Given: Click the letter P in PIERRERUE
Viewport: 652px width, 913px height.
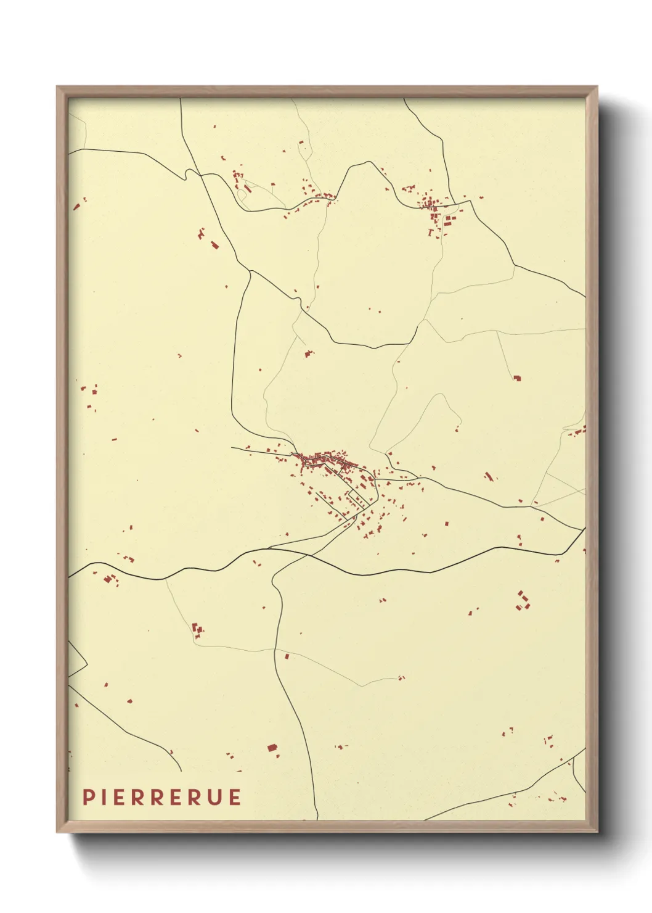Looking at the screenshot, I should [x=89, y=797].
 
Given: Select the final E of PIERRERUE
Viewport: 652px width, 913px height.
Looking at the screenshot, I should [x=234, y=797].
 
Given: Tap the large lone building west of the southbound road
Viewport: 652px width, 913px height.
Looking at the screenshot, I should [x=272, y=748].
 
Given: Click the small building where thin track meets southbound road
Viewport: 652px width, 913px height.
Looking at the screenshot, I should [x=287, y=656].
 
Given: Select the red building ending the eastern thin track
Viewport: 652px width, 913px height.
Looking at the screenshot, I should [x=517, y=378].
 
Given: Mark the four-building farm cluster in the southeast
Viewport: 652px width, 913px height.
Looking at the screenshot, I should [x=523, y=600].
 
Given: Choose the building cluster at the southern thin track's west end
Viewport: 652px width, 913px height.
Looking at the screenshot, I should [x=198, y=630].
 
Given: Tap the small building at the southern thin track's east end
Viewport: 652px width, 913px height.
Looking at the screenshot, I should [x=401, y=677].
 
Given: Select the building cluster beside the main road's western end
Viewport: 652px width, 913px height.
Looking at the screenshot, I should [x=110, y=579].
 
